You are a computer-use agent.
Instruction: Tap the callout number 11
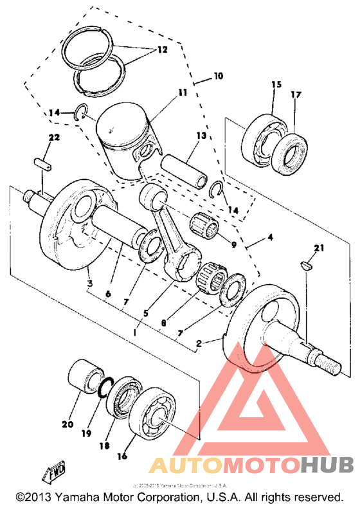pyautogui.click(x=183, y=93)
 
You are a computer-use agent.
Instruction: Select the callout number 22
pyautogui.click(x=53, y=137)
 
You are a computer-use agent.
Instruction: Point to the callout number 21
pyautogui.click(x=319, y=248)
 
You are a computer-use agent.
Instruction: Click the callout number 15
pyautogui.click(x=276, y=85)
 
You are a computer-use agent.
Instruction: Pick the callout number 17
pyautogui.click(x=296, y=95)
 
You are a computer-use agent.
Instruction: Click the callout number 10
pyautogui.click(x=218, y=76)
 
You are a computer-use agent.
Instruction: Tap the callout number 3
pyautogui.click(x=90, y=284)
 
